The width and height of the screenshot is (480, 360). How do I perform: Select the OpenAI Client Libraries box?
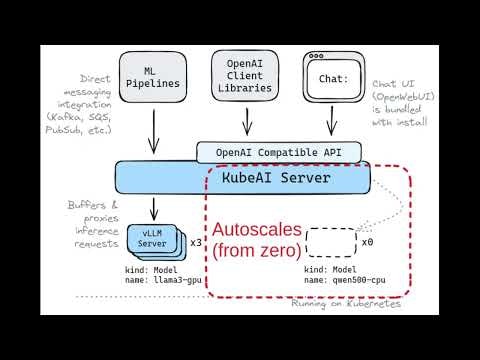click(243, 77)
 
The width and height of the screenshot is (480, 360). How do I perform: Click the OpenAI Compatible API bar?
click(276, 153)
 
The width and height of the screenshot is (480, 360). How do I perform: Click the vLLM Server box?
click(153, 239)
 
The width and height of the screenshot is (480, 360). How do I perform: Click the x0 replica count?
click(367, 242)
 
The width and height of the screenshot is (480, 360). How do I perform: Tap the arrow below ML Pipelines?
click(153, 129)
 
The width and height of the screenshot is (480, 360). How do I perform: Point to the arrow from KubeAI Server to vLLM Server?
click(153, 207)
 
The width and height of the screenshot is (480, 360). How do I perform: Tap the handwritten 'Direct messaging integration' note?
click(87, 103)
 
